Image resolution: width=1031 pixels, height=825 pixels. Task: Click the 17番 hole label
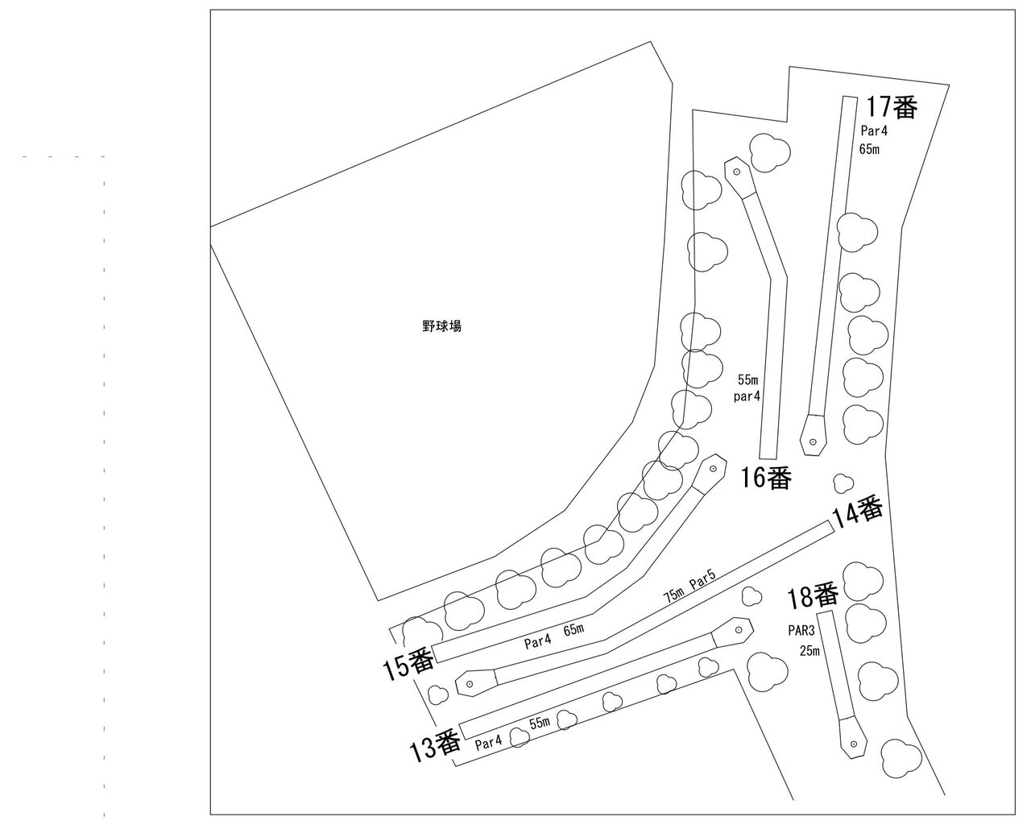tap(892, 107)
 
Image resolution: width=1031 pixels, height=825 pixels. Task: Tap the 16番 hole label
tap(767, 478)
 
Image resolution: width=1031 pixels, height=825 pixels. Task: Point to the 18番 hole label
tap(813, 597)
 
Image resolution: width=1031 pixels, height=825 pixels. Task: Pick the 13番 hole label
tap(435, 746)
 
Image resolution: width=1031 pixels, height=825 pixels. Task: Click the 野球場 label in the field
tap(441, 326)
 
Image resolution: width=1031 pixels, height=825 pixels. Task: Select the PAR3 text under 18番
tap(803, 633)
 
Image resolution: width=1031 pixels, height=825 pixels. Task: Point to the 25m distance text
tap(809, 651)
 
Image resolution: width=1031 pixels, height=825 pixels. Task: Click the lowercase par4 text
tap(748, 396)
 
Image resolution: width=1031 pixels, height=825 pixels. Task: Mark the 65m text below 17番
tap(869, 148)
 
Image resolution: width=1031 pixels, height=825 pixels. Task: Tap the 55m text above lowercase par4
tap(748, 379)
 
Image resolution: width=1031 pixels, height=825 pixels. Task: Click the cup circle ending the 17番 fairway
tap(813, 441)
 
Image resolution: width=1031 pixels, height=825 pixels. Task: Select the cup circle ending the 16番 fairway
tap(737, 171)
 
